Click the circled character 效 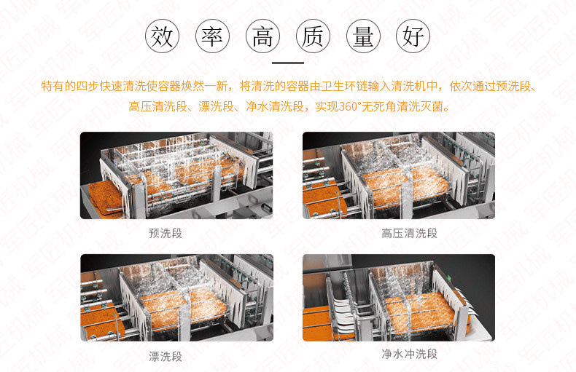[162, 36]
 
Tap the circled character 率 [212, 36]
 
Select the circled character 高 [262, 36]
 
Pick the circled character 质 [313, 36]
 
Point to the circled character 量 [363, 36]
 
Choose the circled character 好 [413, 36]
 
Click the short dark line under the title [288, 63]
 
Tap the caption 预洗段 [166, 233]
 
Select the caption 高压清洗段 [409, 233]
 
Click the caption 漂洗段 [166, 356]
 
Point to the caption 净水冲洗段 [409, 354]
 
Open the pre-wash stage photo [176, 175]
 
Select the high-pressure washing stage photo [399, 175]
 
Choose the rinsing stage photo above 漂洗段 [176, 298]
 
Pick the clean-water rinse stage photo [399, 298]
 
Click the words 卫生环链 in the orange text [344, 86]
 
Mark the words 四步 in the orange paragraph [88, 86]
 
